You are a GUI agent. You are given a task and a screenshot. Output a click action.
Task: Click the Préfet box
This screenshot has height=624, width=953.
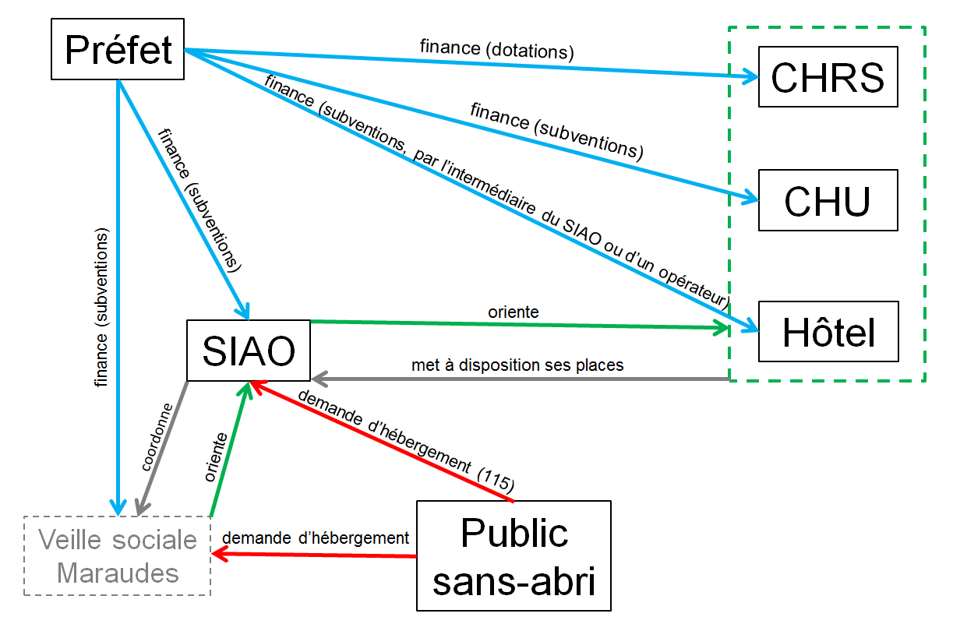click(118, 50)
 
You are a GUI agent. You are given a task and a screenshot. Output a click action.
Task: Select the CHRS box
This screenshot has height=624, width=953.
click(828, 76)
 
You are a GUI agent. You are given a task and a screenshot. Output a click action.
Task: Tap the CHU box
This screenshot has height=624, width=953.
click(828, 200)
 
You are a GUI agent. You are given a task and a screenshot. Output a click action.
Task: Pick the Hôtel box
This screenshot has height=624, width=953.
click(828, 332)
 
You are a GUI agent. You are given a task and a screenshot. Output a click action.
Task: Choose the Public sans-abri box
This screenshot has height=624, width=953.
click(514, 555)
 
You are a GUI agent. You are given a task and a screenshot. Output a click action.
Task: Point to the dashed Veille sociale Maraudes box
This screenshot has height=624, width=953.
click(118, 556)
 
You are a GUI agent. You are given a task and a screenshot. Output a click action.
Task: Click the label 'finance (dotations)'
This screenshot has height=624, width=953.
click(496, 51)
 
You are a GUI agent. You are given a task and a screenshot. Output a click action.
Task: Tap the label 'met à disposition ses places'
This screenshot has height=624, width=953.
click(517, 364)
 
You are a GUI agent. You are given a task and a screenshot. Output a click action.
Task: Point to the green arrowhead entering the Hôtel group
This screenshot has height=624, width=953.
click(722, 329)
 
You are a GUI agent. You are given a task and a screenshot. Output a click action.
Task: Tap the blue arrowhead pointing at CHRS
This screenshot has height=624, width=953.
click(750, 76)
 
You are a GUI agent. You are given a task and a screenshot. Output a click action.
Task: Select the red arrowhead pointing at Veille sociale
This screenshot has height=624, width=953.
click(221, 554)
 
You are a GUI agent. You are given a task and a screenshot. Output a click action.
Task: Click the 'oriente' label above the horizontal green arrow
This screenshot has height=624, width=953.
click(514, 312)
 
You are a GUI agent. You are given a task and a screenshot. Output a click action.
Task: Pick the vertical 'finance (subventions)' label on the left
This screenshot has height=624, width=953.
click(102, 308)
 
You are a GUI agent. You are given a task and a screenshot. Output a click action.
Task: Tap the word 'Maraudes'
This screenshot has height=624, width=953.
click(118, 573)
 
